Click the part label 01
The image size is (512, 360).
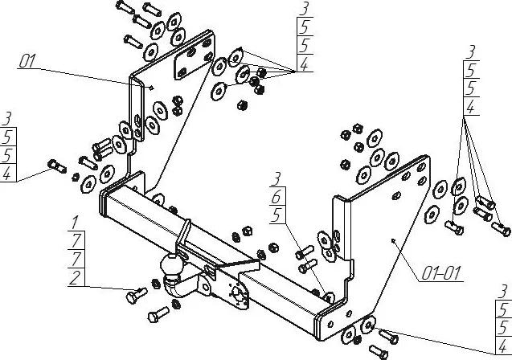[27, 61]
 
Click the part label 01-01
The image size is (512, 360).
[441, 273]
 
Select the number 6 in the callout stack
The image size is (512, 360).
[276, 197]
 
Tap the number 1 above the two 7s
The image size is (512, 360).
[75, 223]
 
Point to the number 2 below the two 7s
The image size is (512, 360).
[75, 278]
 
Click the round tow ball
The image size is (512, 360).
[171, 264]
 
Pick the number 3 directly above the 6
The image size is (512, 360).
[276, 179]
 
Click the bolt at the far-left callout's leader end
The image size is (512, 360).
[57, 166]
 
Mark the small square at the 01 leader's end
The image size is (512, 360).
[151, 87]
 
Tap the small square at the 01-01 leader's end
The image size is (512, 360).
[393, 241]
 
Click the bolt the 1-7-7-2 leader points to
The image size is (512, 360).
[137, 296]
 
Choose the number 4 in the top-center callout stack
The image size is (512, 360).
[305, 64]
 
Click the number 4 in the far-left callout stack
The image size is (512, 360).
[6, 174]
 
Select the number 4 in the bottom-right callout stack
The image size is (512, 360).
[503, 346]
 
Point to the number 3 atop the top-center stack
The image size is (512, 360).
[305, 9]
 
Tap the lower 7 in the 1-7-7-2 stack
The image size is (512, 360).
[76, 260]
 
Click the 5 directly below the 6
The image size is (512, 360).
[276, 215]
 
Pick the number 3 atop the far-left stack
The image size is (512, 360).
[6, 119]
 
